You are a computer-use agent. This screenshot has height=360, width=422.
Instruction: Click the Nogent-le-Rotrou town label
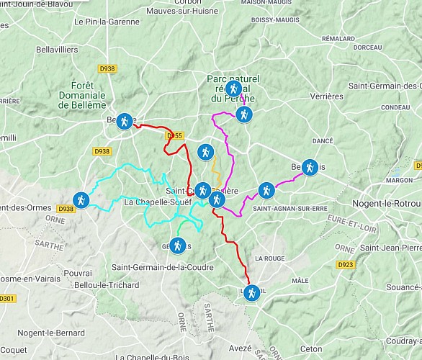pos(387,204)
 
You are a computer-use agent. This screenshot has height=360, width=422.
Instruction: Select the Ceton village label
pos(312,349)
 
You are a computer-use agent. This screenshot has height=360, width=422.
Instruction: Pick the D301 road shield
pos(7,298)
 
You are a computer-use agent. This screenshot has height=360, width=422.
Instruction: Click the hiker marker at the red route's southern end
pos(251,292)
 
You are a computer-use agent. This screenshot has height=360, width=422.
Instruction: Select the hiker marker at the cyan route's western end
pos(81,198)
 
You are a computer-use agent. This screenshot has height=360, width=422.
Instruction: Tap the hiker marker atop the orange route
pos(205,151)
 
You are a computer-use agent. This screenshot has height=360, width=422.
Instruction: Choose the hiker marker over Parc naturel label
pos(233,89)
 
